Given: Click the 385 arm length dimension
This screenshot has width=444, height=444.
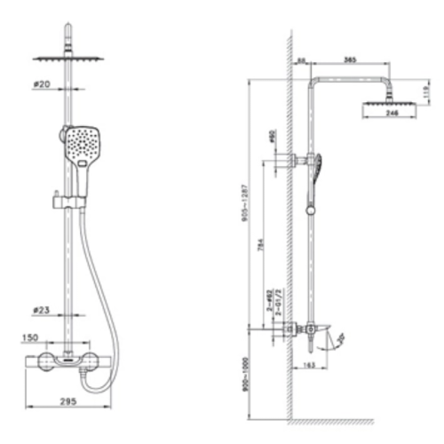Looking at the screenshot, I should click(349, 59).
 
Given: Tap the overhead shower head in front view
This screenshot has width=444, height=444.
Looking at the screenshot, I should click(69, 59).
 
